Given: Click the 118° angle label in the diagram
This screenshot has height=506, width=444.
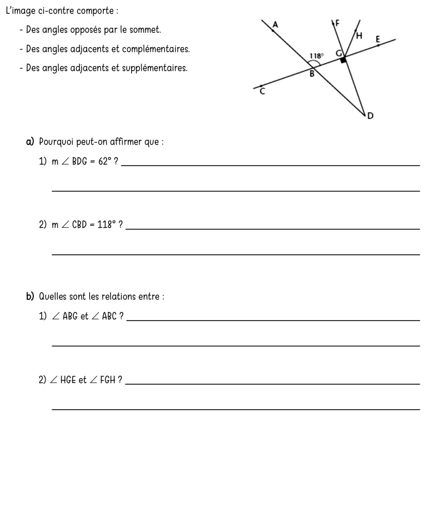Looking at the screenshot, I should (316, 56).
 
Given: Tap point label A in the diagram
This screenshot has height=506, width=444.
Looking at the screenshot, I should (275, 25).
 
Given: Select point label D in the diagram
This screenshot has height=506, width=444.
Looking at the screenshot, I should (370, 116).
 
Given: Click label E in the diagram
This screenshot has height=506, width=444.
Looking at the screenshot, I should (378, 40).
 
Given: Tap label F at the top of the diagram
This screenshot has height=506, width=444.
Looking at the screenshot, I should (338, 24).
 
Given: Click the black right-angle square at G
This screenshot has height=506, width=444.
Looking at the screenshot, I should (343, 60).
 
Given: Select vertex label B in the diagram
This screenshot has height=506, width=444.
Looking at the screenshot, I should (311, 74).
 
